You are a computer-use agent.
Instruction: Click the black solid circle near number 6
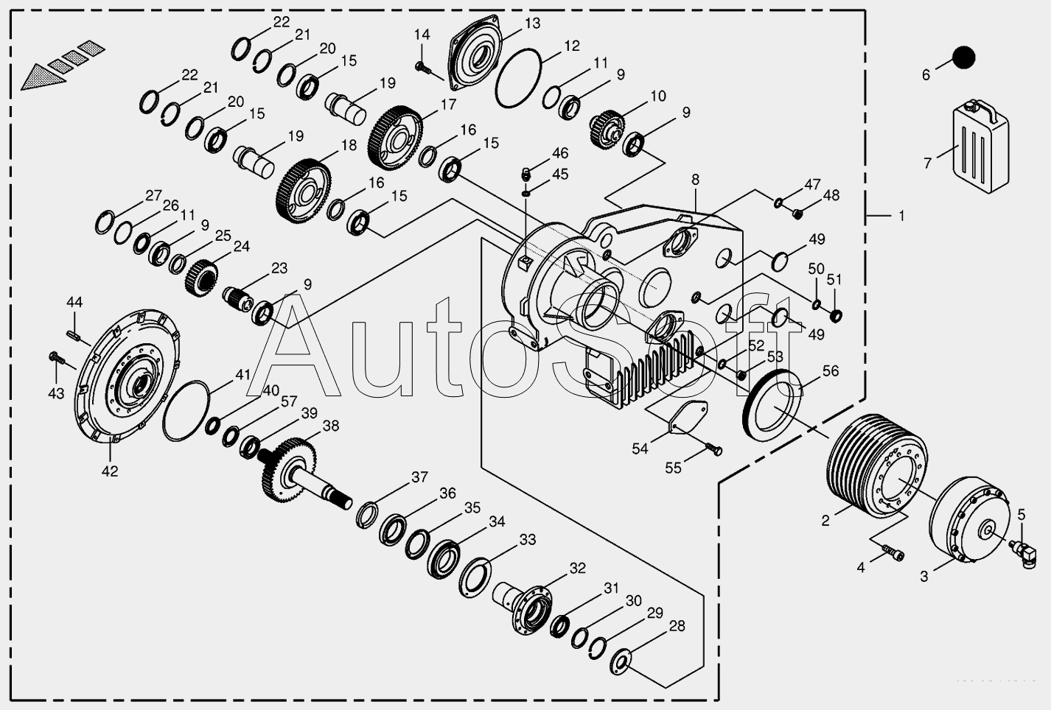(963, 57)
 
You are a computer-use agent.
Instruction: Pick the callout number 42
(110, 471)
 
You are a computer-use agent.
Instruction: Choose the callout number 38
(331, 426)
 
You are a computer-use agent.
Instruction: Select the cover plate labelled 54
(688, 417)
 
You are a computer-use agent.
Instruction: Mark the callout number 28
(677, 626)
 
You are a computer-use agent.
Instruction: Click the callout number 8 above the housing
(695, 180)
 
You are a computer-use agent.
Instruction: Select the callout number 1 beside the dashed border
(901, 217)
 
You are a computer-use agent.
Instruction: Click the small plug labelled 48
(797, 214)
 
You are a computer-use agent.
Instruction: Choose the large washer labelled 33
(475, 574)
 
